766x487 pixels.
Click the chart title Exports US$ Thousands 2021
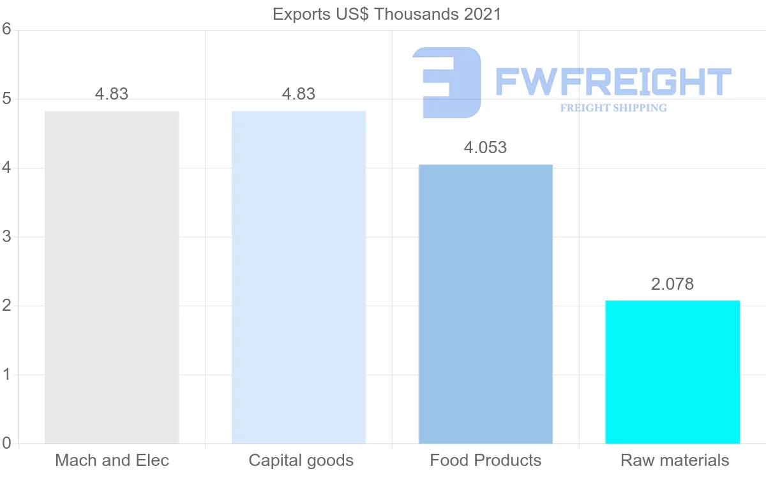point(387,14)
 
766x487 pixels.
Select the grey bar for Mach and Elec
point(112,277)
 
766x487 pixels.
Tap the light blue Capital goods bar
point(299,277)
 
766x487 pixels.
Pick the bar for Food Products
point(486,304)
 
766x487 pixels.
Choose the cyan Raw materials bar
point(672,371)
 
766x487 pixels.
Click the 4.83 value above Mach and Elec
point(112,94)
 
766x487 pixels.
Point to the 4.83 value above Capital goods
point(299,94)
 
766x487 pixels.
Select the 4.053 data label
point(485,147)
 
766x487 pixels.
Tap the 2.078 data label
point(672,284)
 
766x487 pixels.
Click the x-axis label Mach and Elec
point(112,460)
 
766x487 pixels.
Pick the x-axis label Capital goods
point(301,460)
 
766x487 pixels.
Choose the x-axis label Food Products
point(485,460)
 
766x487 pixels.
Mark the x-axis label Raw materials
point(675,460)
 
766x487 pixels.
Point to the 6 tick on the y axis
point(6,29)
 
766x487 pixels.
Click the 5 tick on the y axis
point(6,99)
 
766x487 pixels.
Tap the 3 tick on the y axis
point(6,237)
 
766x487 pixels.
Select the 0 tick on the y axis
point(6,443)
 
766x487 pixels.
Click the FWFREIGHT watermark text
point(613,82)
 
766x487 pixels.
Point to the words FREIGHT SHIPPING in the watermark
point(613,108)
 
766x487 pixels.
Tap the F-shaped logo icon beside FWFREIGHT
point(447,82)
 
